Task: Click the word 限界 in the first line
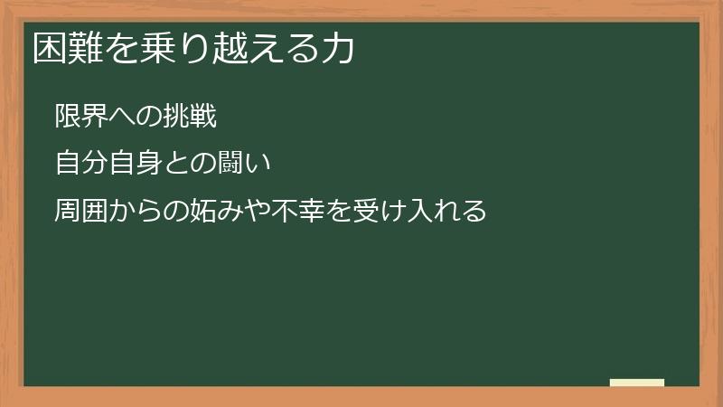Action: pos(81,117)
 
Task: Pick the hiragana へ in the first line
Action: pos(122,117)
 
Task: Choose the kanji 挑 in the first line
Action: pos(176,117)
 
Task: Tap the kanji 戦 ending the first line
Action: pos(203,117)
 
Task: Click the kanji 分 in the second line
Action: pos(95,165)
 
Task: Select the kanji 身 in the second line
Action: pos(149,165)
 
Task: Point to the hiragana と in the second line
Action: pos(176,165)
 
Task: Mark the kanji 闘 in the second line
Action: pos(230,165)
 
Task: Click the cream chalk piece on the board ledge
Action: pos(637,383)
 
